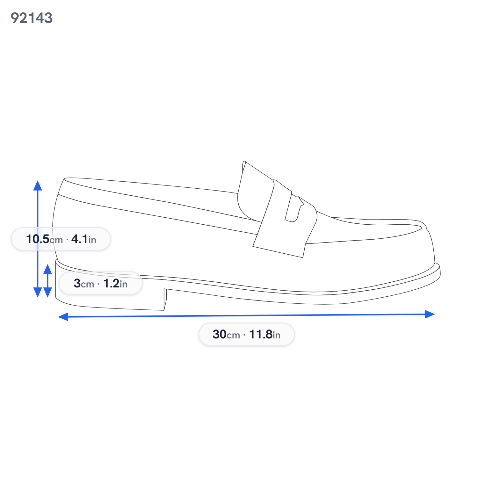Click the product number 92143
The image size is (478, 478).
(x=32, y=18)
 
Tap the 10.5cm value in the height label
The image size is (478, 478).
(x=44, y=239)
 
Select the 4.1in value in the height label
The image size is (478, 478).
(x=83, y=239)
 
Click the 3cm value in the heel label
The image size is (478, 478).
(x=84, y=283)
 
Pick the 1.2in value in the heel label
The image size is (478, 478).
(x=115, y=283)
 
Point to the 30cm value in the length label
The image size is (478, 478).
(x=226, y=334)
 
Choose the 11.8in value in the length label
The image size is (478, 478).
(x=264, y=334)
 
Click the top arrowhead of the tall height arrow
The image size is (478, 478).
(x=38, y=185)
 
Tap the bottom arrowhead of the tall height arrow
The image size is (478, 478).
(x=38, y=292)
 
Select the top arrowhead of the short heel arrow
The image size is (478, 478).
(x=47, y=269)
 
